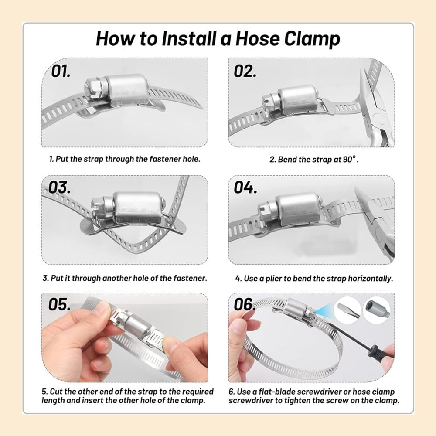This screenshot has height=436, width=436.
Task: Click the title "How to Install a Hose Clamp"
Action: pyautogui.click(x=218, y=38)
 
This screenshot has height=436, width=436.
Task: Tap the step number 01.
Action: pyautogui.click(x=61, y=71)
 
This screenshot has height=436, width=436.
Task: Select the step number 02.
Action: pyautogui.click(x=245, y=71)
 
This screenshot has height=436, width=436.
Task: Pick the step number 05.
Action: pyautogui.click(x=59, y=304)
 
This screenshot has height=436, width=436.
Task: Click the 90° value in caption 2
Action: pyautogui.click(x=350, y=159)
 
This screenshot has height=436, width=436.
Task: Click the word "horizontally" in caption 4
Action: pyautogui.click(x=370, y=279)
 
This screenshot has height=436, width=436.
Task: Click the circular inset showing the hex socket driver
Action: pyautogui.click(x=377, y=310)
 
